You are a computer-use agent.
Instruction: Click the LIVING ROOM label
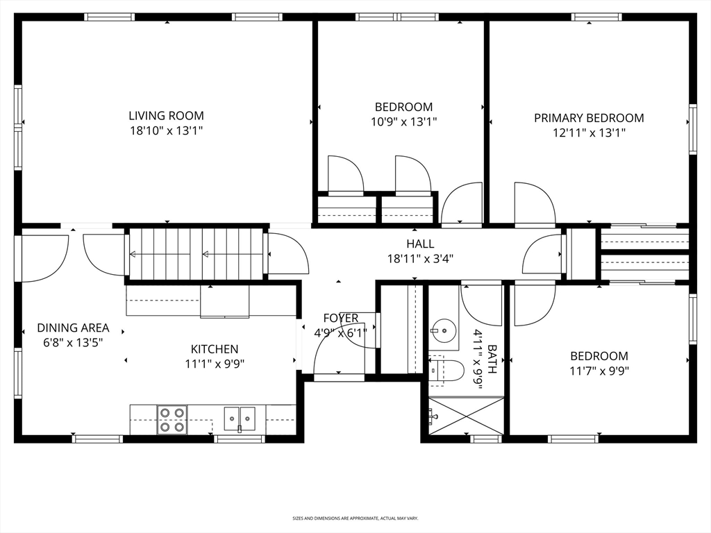click(x=166, y=116)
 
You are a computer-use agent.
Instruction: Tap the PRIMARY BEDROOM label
click(x=589, y=118)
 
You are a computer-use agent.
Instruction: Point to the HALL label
click(x=420, y=244)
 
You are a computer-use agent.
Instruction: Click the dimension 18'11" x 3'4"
click(x=420, y=259)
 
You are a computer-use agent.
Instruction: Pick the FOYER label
click(x=340, y=318)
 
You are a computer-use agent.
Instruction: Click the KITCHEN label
click(x=215, y=349)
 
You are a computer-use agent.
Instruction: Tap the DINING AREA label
click(x=73, y=328)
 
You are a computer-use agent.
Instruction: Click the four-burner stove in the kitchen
click(x=172, y=420)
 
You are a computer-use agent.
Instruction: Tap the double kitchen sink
click(x=240, y=418)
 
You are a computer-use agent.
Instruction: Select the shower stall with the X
click(x=466, y=416)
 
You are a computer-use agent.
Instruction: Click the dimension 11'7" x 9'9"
click(x=599, y=371)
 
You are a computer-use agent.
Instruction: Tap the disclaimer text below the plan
click(x=355, y=518)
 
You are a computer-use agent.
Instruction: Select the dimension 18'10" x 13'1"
click(x=166, y=131)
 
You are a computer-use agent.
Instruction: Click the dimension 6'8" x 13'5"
click(x=73, y=343)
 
